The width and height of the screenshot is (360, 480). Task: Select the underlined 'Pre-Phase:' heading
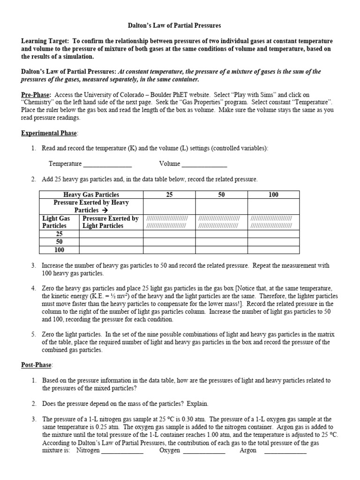coord(36,94)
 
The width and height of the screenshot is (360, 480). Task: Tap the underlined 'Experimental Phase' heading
coord(49,133)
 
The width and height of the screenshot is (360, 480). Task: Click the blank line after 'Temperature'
coord(107,164)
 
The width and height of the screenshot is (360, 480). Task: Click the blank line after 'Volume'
coord(205,164)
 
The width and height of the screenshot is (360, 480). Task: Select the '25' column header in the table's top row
coord(169,195)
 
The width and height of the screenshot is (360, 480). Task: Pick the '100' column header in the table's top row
coord(274,195)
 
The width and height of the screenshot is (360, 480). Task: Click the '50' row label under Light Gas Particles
coord(60,241)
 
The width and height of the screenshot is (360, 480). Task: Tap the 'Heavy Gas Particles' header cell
coord(91,195)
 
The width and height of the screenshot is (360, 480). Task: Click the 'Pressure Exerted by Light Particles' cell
coord(111,222)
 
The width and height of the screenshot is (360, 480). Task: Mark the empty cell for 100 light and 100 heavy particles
coord(274,249)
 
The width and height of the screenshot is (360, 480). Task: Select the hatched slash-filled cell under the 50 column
coord(221,222)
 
